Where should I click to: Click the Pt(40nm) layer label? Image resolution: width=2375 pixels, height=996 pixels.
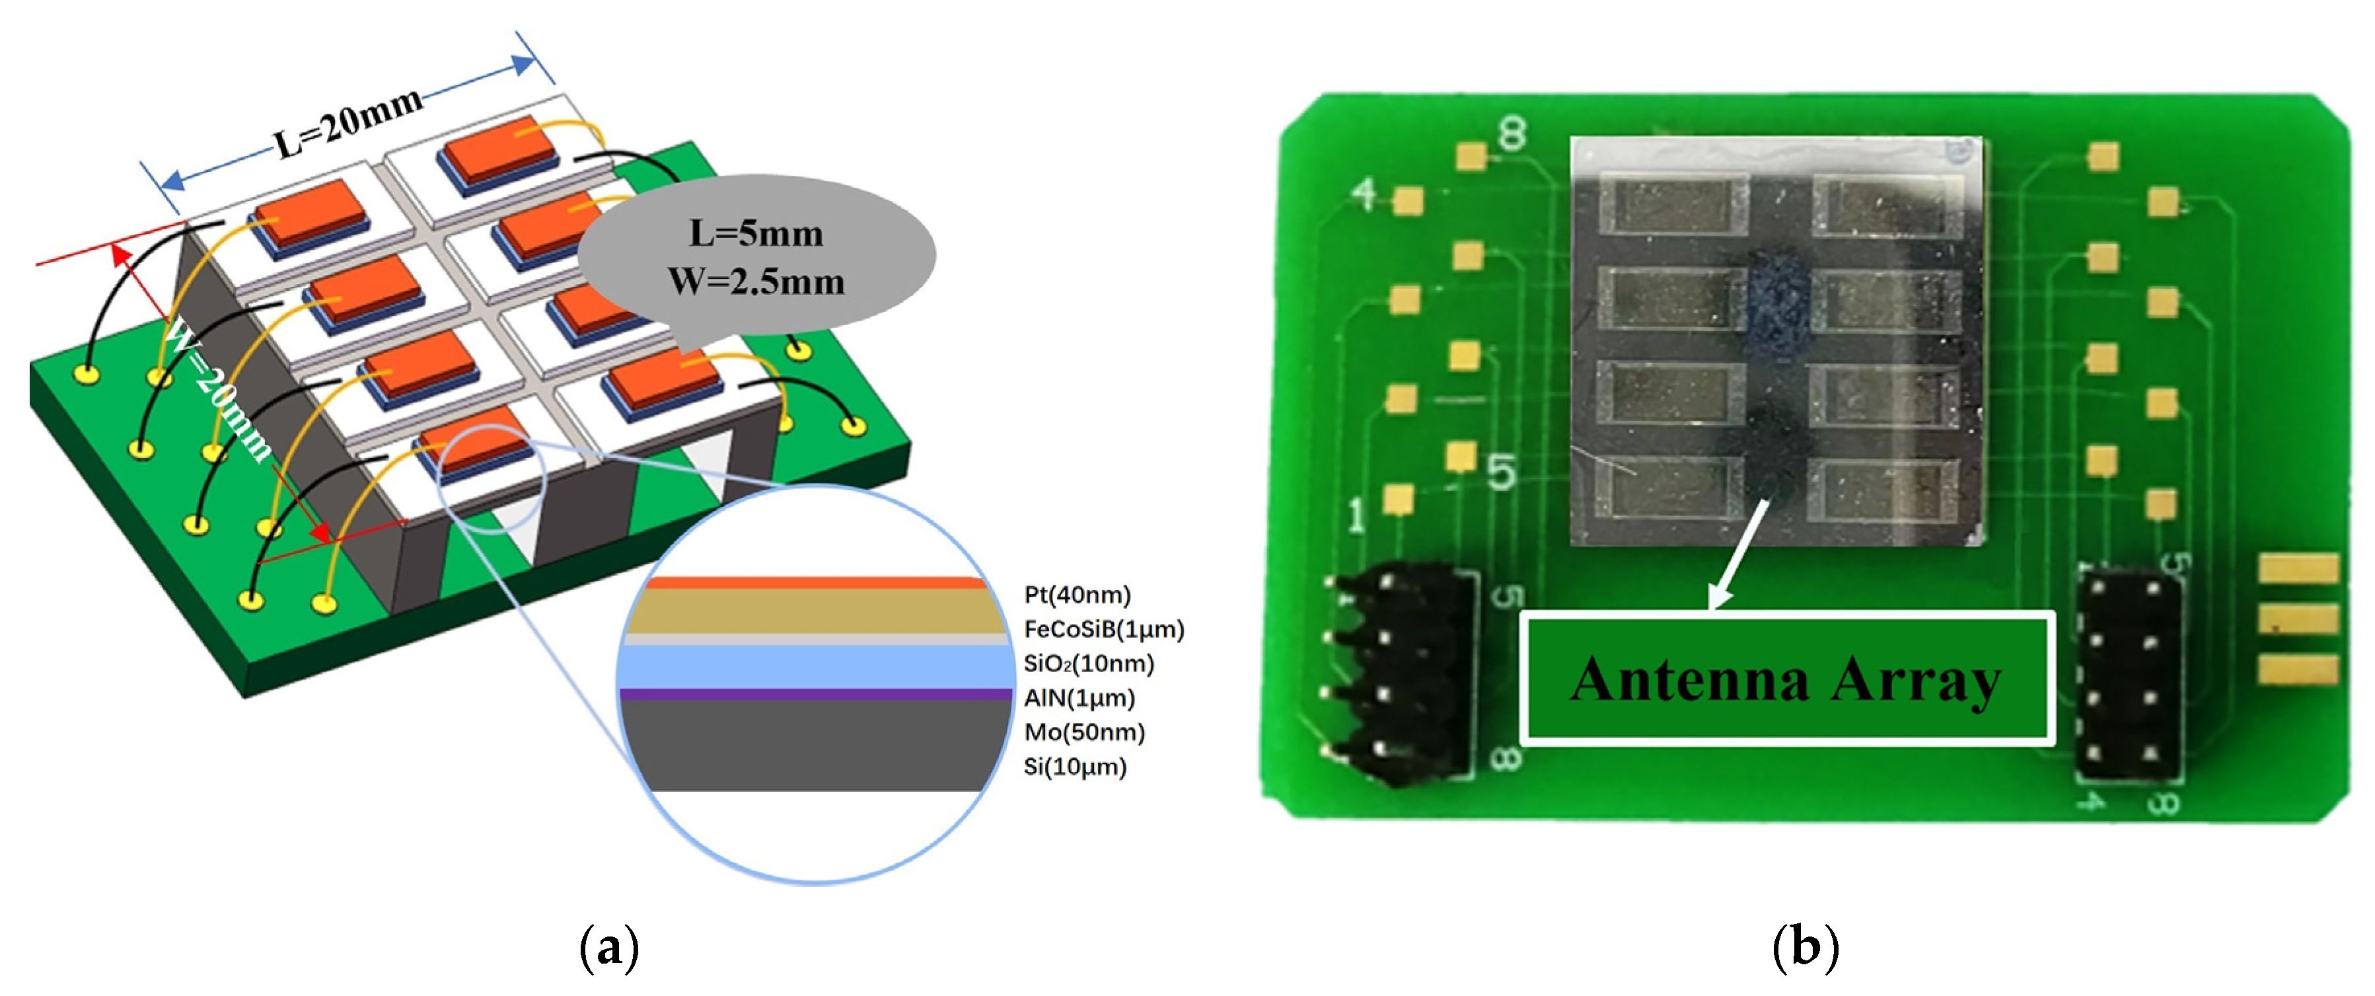click(1077, 595)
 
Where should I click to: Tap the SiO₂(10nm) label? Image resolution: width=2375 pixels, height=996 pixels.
click(1088, 663)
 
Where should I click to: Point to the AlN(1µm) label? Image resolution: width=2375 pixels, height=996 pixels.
click(1079, 698)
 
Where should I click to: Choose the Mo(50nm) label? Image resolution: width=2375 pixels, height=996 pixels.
click(1084, 732)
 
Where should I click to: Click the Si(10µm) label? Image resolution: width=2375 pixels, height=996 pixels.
click(1075, 767)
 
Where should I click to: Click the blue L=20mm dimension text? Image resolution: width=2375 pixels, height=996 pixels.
click(349, 124)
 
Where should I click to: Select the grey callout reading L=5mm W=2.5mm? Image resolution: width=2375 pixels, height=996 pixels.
click(756, 257)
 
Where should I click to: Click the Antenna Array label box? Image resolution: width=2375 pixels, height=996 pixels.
click(1786, 679)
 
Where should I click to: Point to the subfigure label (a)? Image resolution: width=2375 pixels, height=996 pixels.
click(608, 947)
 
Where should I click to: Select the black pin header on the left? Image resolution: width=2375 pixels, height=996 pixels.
click(1401, 678)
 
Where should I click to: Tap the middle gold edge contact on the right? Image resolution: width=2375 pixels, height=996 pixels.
click(2298, 619)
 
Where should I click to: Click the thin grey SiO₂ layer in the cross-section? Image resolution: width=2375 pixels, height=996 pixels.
click(816, 639)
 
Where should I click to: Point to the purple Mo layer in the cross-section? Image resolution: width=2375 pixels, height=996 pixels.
click(816, 695)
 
